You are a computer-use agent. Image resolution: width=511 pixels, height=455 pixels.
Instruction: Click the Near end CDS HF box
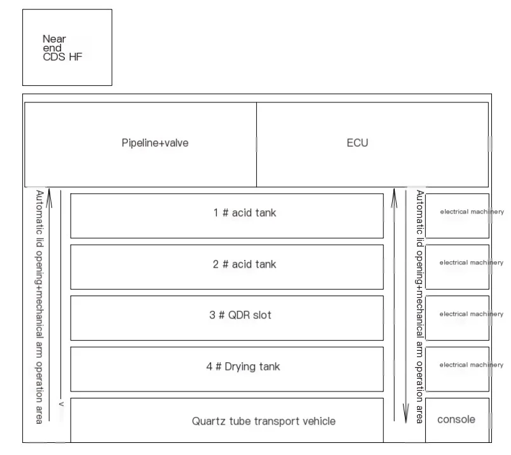pos(67,48)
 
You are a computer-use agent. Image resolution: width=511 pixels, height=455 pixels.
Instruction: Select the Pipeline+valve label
pos(155,143)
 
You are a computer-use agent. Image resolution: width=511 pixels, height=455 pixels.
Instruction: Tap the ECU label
pos(357,143)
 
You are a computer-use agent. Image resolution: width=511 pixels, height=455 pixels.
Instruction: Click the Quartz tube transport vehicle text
pos(264,421)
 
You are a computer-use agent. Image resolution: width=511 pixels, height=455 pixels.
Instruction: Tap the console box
pos(457,419)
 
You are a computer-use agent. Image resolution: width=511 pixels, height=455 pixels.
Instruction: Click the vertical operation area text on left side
pos(39,306)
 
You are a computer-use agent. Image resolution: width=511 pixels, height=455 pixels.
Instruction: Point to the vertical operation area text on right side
pos(419,306)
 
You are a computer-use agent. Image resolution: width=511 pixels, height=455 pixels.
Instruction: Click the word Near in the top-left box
pos(54,39)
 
